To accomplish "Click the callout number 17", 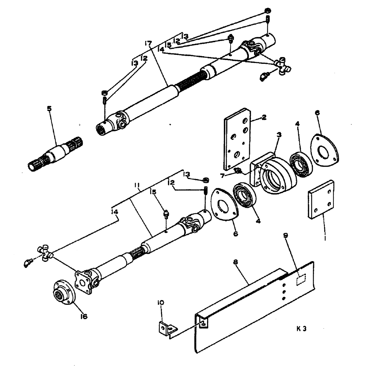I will click(x=148, y=44).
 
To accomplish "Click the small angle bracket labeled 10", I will click(x=166, y=327).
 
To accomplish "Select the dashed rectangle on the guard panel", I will click(x=301, y=280).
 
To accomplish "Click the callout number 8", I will click(x=236, y=262).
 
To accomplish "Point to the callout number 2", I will click(x=264, y=117).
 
